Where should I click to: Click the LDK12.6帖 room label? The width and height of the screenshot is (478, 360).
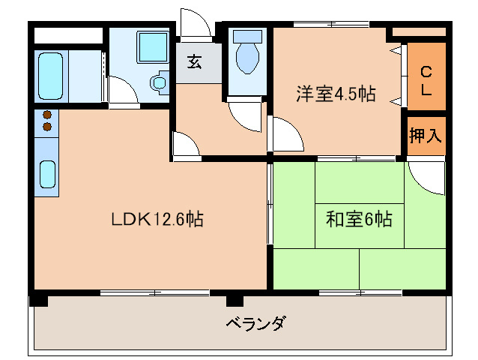[157, 220]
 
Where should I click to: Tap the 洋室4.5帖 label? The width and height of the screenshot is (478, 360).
[335, 94]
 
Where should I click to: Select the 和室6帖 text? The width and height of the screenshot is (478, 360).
[359, 220]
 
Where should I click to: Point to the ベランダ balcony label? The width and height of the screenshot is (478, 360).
[255, 325]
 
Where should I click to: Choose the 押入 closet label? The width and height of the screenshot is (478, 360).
[426, 135]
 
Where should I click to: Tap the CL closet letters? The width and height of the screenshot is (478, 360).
[426, 79]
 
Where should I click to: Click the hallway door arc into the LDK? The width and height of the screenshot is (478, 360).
[184, 144]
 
